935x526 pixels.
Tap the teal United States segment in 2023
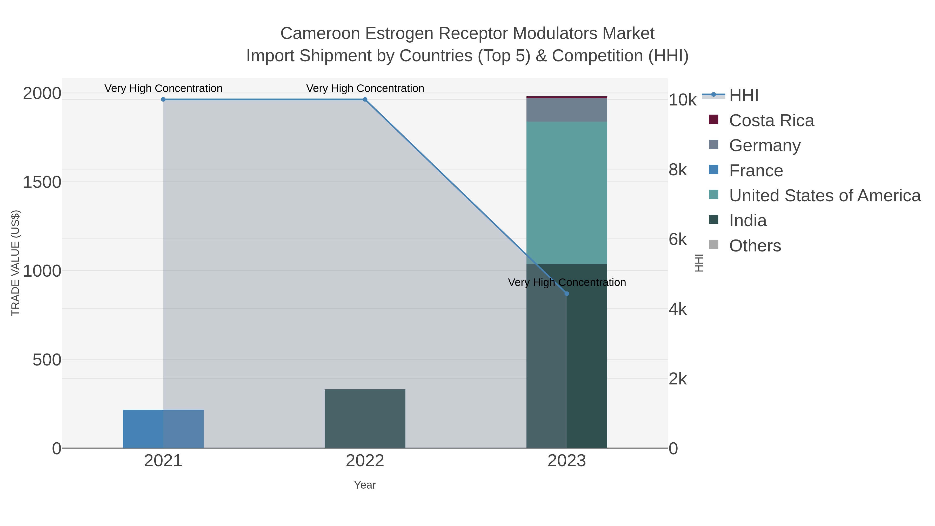[567, 192]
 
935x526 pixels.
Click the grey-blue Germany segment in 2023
[567, 110]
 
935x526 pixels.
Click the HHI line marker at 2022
[365, 99]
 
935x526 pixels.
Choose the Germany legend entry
[764, 145]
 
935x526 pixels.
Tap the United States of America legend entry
[824, 196]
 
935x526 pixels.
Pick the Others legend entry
[754, 246]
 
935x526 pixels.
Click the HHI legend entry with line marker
[743, 96]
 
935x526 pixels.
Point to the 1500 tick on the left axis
[42, 182]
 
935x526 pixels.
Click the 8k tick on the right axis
[677, 170]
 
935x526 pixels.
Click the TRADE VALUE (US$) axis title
[16, 263]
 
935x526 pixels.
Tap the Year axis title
[365, 485]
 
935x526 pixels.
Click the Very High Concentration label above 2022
[365, 88]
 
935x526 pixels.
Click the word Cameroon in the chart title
[320, 34]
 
